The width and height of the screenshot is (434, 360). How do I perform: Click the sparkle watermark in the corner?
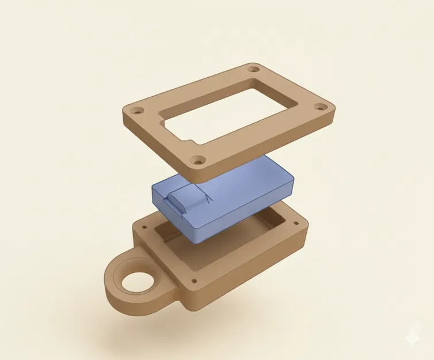412,339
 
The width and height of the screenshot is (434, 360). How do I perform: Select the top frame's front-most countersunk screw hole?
197,161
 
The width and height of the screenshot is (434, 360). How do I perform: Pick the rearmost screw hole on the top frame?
254,70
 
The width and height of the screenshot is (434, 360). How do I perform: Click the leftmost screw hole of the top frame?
136,109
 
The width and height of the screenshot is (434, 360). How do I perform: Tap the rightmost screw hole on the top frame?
320,107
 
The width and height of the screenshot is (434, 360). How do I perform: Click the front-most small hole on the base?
193,281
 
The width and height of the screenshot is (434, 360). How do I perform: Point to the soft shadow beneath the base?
173,328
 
